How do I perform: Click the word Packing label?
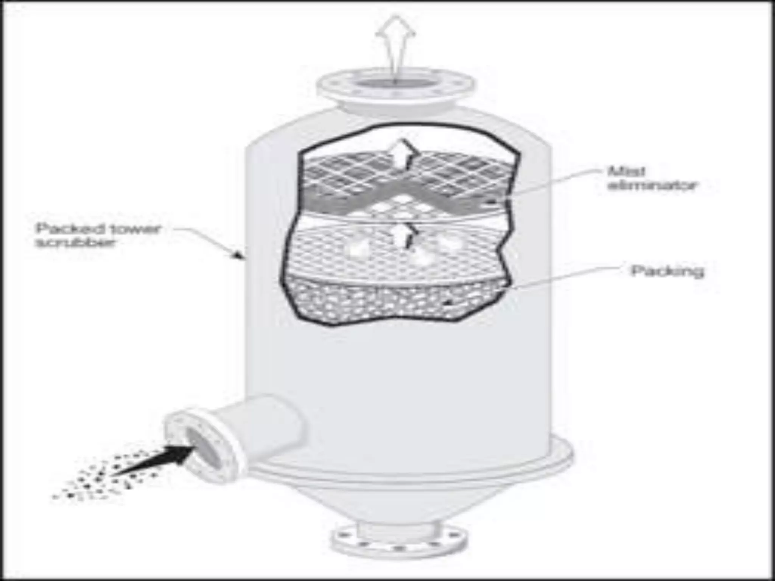coord(667,271)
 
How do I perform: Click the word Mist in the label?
coord(626,171)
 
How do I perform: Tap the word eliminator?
coord(652,186)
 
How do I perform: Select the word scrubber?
coord(75,242)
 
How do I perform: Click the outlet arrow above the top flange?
coord(395,42)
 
